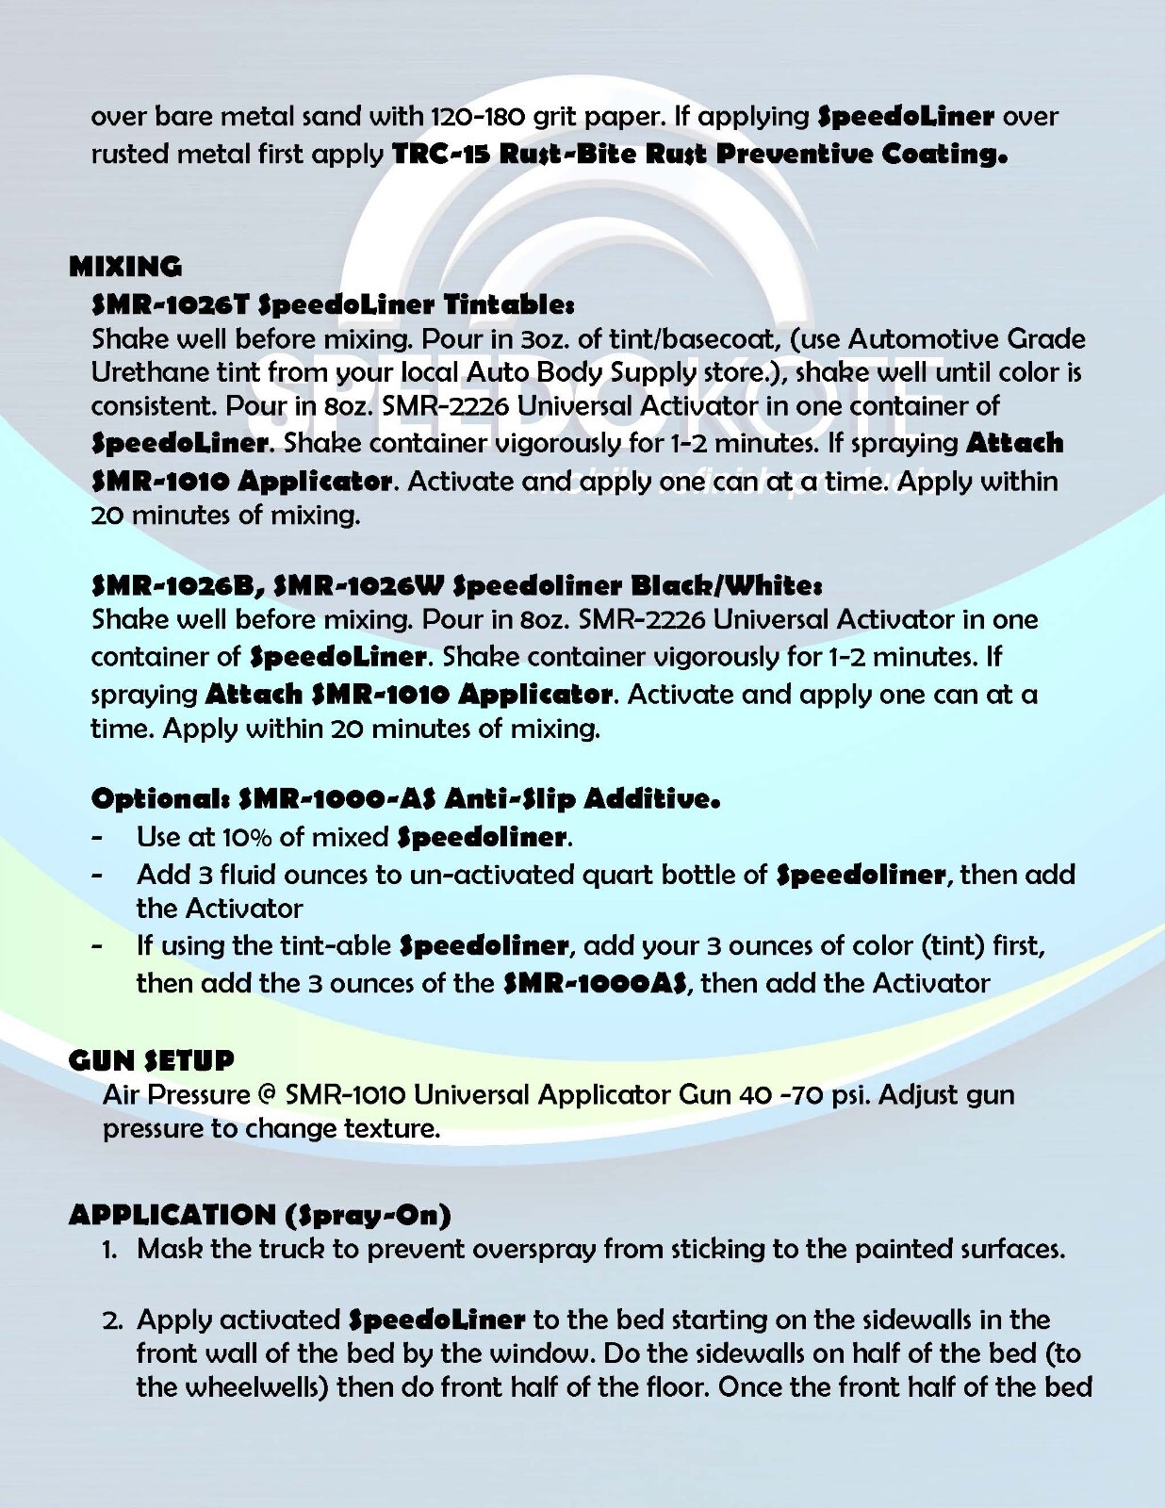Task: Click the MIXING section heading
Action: tap(125, 267)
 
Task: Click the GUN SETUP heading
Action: tap(151, 1060)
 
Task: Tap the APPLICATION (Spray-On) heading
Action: tap(259, 1214)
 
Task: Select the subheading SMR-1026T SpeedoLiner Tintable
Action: tap(333, 304)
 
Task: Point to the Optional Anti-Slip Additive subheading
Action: tap(405, 799)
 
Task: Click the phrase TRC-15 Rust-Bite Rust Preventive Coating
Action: tap(699, 154)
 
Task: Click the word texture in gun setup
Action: tap(390, 1128)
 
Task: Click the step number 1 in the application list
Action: tap(109, 1251)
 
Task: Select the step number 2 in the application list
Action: tap(111, 1320)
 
